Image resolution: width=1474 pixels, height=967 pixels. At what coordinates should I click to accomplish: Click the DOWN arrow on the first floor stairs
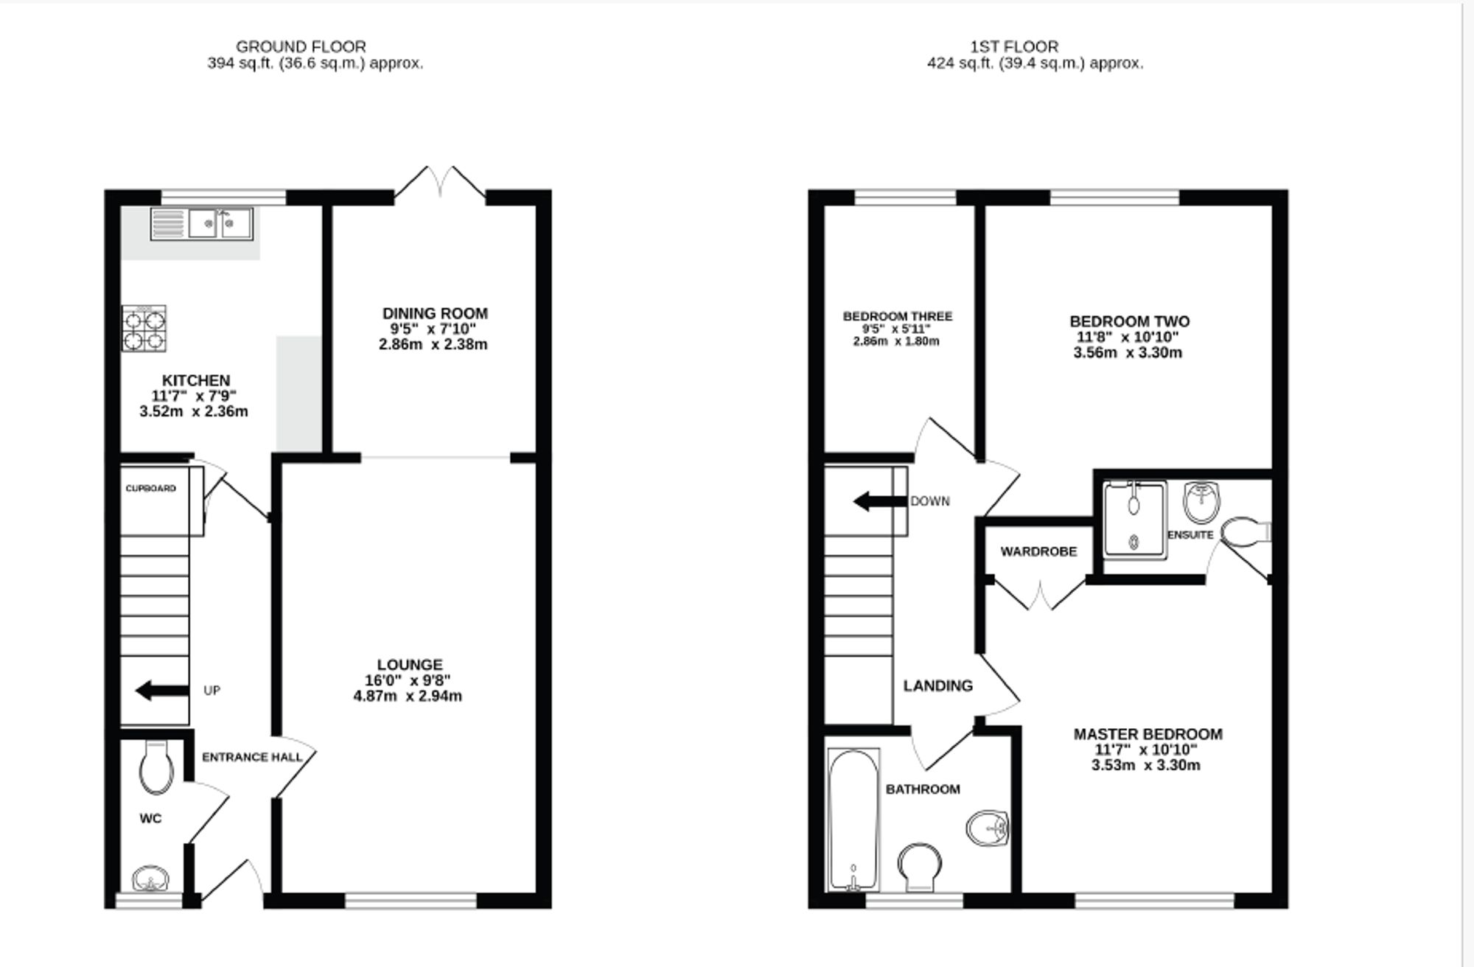click(879, 503)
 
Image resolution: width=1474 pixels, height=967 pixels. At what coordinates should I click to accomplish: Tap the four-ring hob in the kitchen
click(144, 328)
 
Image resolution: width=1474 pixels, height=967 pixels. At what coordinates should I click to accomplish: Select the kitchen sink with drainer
click(202, 223)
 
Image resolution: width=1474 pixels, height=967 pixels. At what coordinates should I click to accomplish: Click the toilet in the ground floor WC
click(156, 768)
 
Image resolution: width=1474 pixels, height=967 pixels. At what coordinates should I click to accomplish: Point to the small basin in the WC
click(150, 879)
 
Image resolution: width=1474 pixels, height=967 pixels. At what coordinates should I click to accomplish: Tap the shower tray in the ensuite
click(1134, 519)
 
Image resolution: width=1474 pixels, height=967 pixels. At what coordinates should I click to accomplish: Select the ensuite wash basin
click(1201, 503)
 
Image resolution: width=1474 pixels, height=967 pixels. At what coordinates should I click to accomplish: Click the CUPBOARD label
click(150, 489)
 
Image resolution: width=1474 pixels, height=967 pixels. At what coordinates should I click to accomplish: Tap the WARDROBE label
click(1038, 551)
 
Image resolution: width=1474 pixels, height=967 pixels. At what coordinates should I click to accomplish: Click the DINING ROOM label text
click(435, 313)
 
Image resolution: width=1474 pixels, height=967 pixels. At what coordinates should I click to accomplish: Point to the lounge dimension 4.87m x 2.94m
click(408, 697)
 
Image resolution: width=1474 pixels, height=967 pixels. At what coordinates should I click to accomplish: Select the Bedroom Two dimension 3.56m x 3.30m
click(1128, 353)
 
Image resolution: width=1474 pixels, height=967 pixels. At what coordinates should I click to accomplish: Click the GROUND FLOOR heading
click(300, 46)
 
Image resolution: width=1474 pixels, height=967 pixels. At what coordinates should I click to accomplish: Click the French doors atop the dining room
click(440, 182)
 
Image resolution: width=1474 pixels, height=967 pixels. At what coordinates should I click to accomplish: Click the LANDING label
click(937, 686)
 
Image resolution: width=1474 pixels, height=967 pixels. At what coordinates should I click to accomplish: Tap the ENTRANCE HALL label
click(252, 757)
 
